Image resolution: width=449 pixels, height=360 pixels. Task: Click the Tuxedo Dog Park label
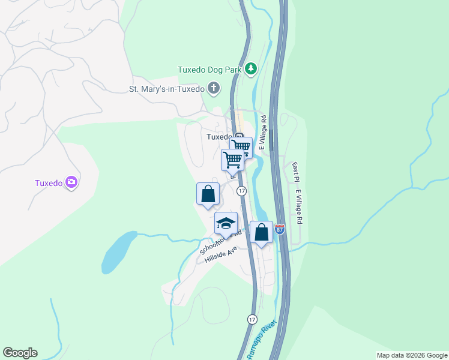[209, 70]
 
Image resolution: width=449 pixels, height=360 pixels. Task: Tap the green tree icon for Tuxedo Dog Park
[251, 69]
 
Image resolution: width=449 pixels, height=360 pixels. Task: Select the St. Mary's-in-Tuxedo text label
[167, 89]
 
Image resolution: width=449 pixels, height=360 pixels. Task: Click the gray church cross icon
[213, 89]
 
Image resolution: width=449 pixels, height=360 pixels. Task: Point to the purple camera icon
[71, 182]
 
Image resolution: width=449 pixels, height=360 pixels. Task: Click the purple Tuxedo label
[48, 183]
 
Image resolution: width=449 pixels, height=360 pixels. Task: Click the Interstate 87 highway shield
[280, 229]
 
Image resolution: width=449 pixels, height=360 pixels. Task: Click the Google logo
[20, 353]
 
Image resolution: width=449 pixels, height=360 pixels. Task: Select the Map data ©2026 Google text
[412, 355]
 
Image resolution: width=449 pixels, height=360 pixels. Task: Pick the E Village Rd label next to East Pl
[298, 208]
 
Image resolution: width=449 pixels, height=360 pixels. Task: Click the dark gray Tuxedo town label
[218, 137]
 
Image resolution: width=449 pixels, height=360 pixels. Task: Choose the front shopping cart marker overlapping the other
[232, 160]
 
